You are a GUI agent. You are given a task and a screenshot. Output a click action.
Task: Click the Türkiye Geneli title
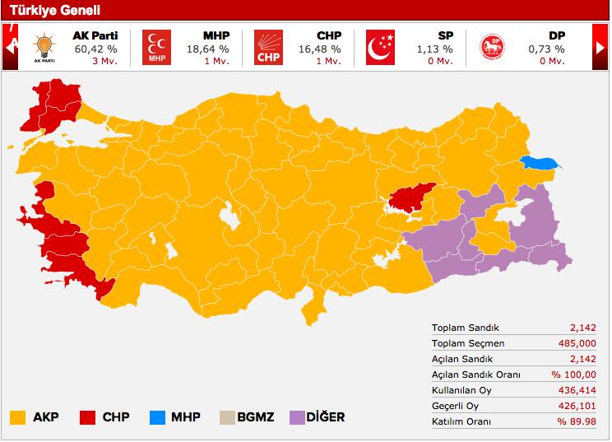click(54, 11)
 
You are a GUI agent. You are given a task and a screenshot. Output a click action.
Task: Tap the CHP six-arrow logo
click(267, 47)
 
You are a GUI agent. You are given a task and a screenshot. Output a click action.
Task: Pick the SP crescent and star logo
click(380, 47)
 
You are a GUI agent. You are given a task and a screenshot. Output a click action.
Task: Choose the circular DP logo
click(492, 48)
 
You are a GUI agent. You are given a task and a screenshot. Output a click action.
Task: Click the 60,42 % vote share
click(95, 49)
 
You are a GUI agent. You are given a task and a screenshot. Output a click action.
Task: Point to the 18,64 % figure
click(209, 49)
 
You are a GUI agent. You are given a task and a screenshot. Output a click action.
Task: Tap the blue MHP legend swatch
click(157, 417)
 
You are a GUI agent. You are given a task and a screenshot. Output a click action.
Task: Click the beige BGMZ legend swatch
click(226, 417)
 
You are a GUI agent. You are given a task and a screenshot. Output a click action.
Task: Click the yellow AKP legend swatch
click(18, 417)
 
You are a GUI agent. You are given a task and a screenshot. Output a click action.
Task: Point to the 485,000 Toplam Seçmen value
click(574, 343)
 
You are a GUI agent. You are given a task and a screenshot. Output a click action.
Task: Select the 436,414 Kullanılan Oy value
click(574, 390)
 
